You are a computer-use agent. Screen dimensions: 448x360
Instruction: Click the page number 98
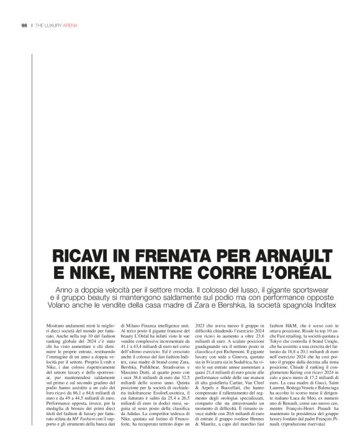point(24,26)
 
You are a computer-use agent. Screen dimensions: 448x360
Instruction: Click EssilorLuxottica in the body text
point(150,385)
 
